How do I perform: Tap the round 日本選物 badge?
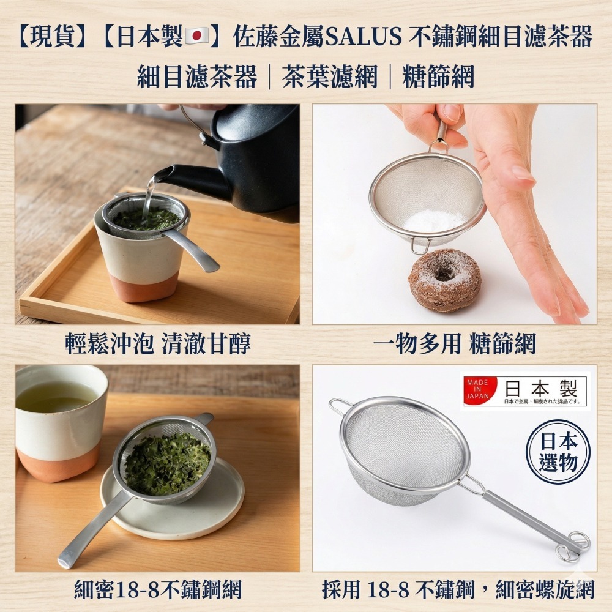(558, 452)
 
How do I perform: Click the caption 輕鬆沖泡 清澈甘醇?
(157, 344)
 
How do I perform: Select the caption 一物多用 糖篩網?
(454, 344)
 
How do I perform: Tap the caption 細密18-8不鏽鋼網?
(157, 589)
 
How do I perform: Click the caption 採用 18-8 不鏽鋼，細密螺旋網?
(458, 589)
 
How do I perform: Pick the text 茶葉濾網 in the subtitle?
(330, 78)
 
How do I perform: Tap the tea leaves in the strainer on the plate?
(166, 462)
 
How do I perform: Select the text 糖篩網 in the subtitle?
(438, 78)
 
